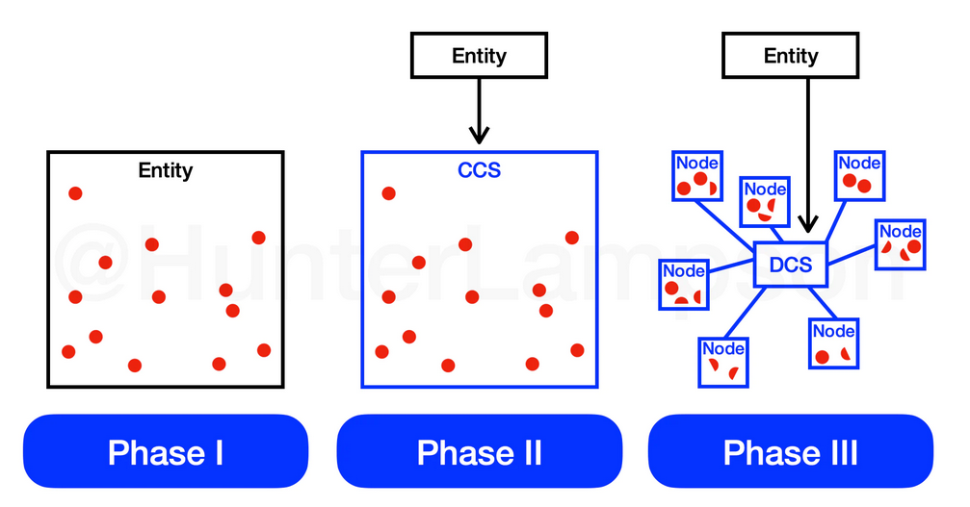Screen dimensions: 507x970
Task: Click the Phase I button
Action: click(166, 451)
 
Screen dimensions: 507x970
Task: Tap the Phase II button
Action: click(479, 451)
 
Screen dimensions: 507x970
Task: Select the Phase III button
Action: click(791, 451)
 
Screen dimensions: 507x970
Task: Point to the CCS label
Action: click(479, 170)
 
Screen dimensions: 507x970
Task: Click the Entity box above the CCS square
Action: click(479, 56)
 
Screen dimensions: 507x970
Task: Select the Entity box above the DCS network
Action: click(791, 56)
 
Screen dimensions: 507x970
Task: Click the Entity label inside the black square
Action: click(166, 170)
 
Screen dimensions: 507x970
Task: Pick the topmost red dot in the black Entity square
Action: click(75, 193)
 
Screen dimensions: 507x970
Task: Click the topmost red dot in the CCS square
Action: click(388, 193)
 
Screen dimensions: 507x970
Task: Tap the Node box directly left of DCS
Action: click(684, 285)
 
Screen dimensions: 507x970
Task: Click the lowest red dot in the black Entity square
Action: click(135, 366)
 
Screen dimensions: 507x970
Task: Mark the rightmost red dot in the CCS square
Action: click(578, 350)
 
